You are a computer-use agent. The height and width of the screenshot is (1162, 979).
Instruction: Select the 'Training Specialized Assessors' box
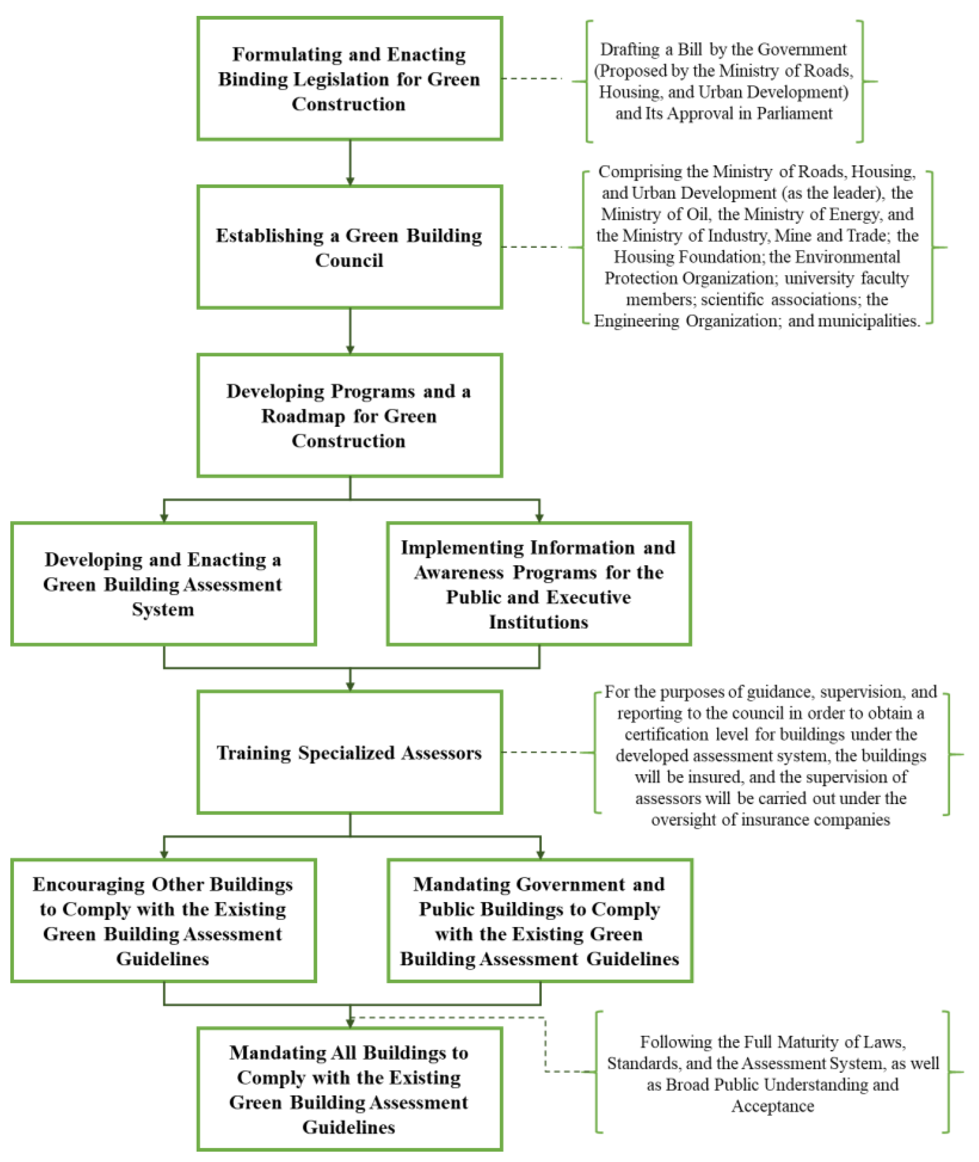(350, 753)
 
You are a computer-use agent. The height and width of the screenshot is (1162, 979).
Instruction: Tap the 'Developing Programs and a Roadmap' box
(350, 415)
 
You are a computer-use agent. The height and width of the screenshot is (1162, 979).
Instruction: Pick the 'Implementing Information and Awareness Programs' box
(539, 584)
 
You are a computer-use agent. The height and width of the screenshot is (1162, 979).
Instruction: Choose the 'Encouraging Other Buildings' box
(163, 921)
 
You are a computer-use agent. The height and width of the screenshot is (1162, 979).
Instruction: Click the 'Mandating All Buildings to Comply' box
(350, 1089)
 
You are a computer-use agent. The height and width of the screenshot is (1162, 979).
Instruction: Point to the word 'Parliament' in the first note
(794, 113)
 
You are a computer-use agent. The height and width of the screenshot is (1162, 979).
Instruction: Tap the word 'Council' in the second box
(349, 260)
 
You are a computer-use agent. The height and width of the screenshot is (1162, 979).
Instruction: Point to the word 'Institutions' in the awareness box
(538, 622)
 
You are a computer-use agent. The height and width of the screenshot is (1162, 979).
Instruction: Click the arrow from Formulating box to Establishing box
(350, 162)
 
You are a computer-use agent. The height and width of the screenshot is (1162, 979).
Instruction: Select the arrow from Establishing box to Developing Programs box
(350, 331)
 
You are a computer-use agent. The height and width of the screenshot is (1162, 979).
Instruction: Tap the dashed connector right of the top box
(532, 79)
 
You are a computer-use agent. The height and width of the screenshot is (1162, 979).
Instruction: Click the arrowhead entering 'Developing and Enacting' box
(164, 518)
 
